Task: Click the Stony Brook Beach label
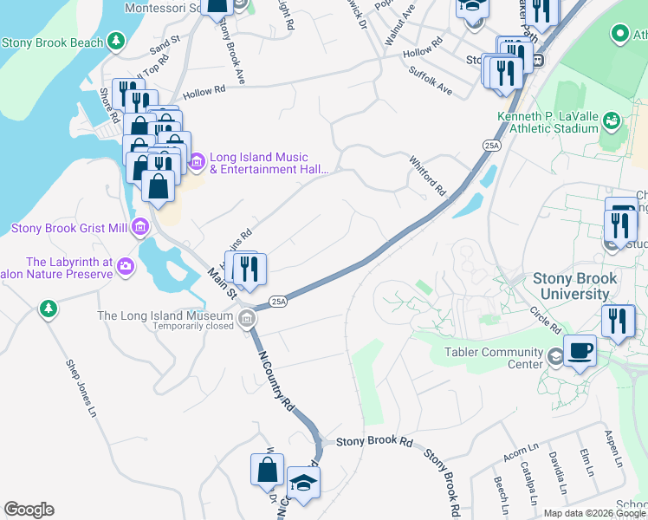click(53, 42)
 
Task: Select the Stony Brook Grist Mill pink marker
click(140, 228)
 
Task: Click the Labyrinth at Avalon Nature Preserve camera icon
click(126, 265)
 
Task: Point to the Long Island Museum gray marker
click(248, 320)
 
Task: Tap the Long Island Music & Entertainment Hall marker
click(197, 161)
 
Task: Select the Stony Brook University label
click(575, 286)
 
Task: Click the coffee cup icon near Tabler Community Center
click(580, 351)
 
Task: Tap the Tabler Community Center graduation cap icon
click(554, 355)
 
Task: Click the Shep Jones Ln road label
click(80, 389)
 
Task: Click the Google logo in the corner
click(29, 510)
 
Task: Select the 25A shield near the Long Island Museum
click(277, 301)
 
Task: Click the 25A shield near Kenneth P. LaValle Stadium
click(492, 146)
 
